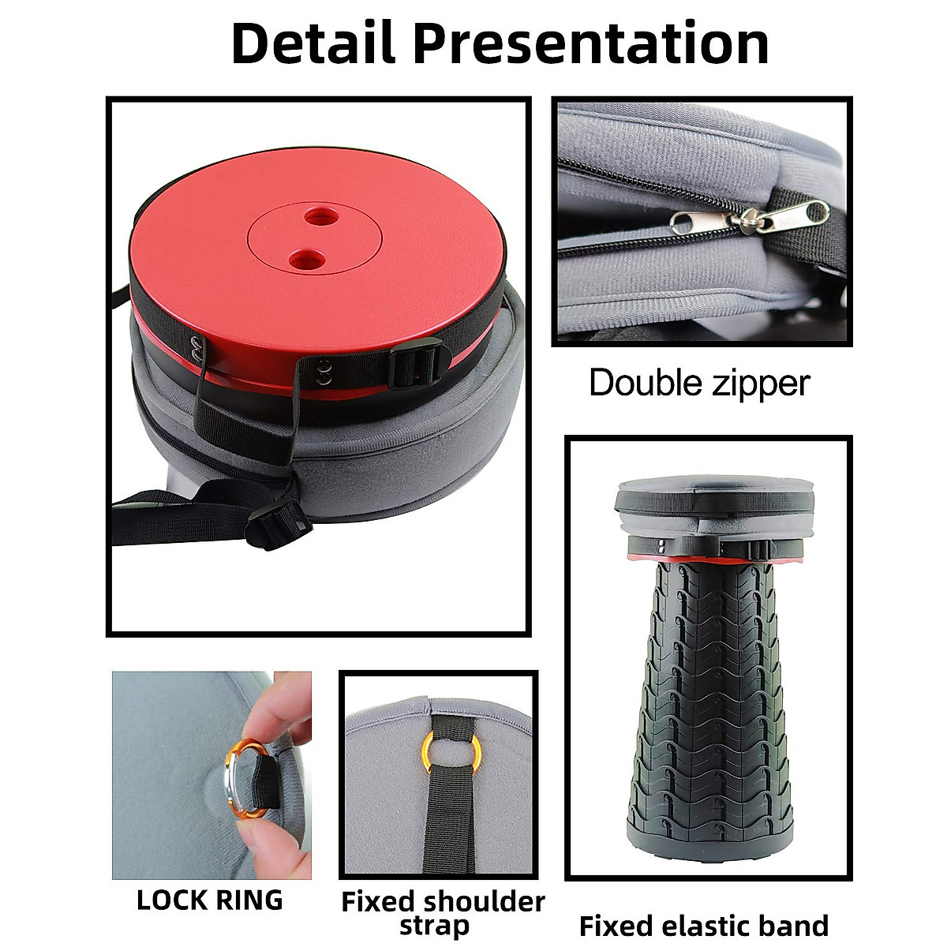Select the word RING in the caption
pyautogui.click(x=249, y=900)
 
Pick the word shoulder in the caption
pyautogui.click(x=484, y=901)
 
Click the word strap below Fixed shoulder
pyautogui.click(x=434, y=925)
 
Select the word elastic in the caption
pyautogui.click(x=702, y=925)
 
